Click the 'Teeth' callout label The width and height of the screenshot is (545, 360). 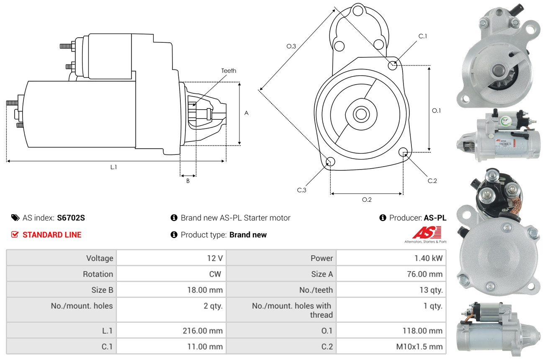[229, 71]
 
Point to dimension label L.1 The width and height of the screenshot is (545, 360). [113, 167]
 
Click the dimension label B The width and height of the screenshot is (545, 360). [188, 181]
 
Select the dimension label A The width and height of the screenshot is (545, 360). [246, 113]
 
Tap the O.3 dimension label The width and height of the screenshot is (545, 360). [291, 46]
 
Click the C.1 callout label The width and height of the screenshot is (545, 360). [423, 36]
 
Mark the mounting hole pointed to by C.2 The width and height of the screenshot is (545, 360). [403, 152]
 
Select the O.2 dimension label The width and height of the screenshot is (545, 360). [367, 200]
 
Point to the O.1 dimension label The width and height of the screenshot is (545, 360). [436, 111]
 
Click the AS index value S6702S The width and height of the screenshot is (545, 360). [71, 218]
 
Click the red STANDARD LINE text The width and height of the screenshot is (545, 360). [52, 235]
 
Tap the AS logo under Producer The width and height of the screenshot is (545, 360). [426, 233]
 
